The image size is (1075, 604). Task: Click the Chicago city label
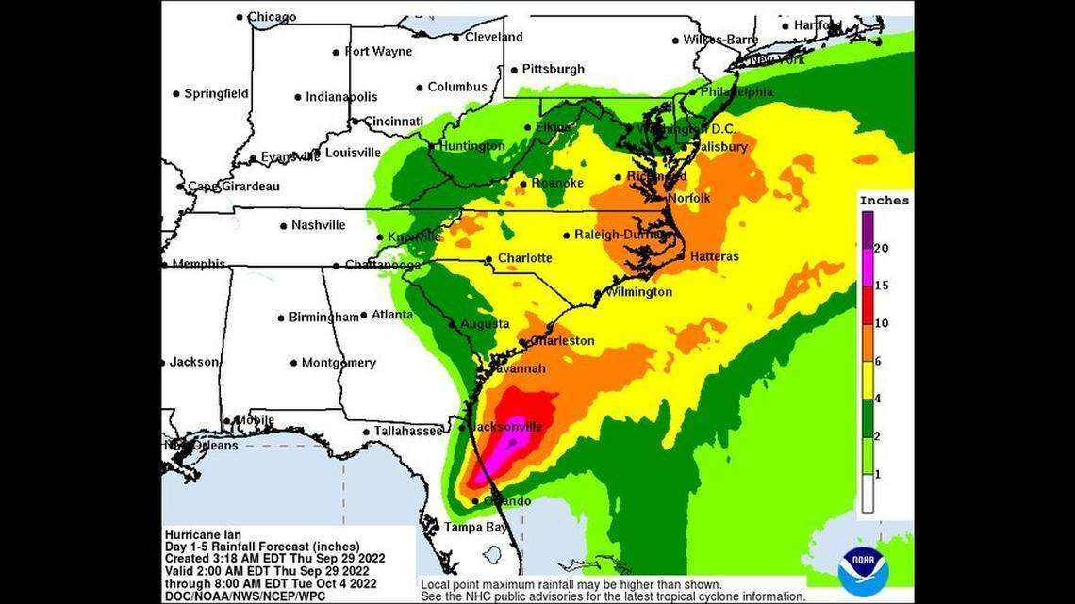click(x=272, y=17)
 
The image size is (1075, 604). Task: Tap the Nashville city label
click(x=318, y=225)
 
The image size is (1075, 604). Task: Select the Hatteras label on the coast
click(x=714, y=256)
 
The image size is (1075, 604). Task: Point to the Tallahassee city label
click(x=408, y=431)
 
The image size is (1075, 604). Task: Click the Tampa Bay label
click(x=471, y=526)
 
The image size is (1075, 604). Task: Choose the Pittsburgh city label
click(x=554, y=69)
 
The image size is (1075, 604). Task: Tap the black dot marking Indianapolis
click(x=298, y=97)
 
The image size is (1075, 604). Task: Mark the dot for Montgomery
click(x=294, y=363)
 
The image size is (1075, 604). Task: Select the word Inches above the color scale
click(x=884, y=201)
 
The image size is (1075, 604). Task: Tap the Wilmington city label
click(x=640, y=292)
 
